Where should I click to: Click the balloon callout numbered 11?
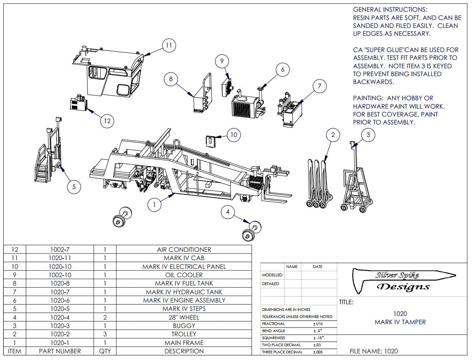click(x=168, y=45)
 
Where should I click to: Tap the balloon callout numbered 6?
click(x=282, y=70)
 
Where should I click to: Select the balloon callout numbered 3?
click(x=368, y=134)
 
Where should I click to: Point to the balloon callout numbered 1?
click(x=154, y=204)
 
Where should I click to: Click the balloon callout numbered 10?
click(x=234, y=134)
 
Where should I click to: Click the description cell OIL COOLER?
click(x=184, y=275)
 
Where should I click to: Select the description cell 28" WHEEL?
click(x=184, y=317)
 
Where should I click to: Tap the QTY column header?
click(x=105, y=351)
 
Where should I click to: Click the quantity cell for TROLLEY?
click(x=105, y=334)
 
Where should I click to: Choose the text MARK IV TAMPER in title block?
click(x=400, y=322)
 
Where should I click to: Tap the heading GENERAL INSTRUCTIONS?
click(x=390, y=9)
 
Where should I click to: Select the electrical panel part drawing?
click(x=211, y=140)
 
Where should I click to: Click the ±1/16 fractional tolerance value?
click(x=319, y=324)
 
